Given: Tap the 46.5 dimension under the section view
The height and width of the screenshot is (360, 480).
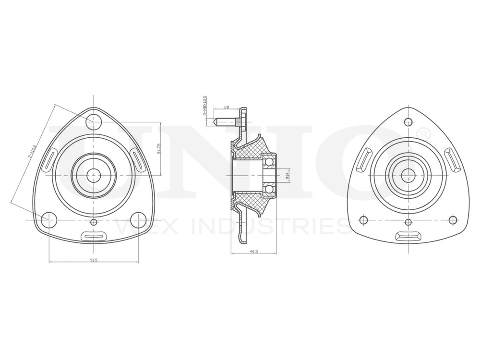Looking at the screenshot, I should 253,251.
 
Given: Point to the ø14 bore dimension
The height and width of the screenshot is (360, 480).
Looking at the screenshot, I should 287,176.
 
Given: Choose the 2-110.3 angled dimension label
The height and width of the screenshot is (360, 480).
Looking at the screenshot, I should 31,149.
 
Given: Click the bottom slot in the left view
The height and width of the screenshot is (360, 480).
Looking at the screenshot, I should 94,236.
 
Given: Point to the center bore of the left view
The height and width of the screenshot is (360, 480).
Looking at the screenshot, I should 94,175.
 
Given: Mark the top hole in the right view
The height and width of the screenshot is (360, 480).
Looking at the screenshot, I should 408,121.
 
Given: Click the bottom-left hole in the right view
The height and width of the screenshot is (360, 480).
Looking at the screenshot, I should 363,220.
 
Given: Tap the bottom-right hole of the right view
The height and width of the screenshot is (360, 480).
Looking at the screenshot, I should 453,220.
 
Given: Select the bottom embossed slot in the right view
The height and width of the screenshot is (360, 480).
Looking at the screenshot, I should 408,236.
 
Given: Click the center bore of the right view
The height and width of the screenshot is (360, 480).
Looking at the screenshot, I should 408,175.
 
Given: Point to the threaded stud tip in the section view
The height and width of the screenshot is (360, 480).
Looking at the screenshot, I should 216,121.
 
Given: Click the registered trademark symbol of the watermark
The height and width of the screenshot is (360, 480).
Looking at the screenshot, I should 422,132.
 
